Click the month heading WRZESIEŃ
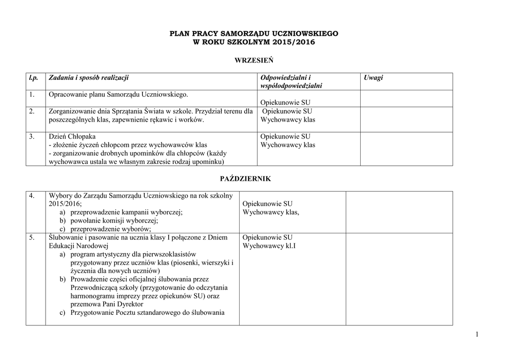(254, 60)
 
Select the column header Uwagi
(373, 77)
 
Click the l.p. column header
(33, 77)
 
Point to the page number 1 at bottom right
(477, 335)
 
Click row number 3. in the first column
(32, 137)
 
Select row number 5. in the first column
(32, 237)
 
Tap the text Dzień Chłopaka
(72, 137)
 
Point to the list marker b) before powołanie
(63, 220)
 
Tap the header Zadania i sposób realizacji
(88, 77)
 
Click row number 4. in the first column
(32, 196)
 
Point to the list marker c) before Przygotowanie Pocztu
(63, 312)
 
